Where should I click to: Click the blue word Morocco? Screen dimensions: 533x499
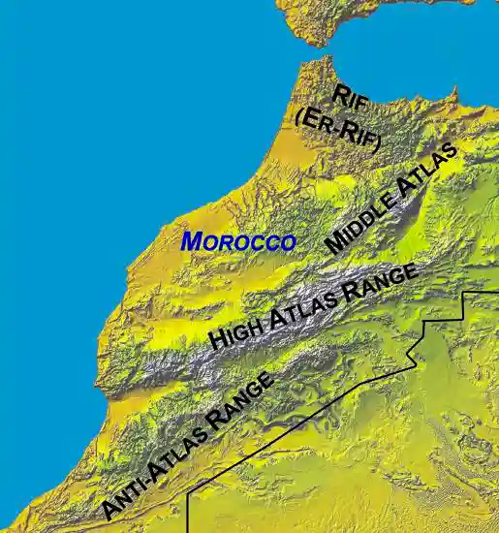pyautogui.click(x=238, y=241)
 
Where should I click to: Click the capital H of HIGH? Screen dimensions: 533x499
pyautogui.click(x=218, y=340)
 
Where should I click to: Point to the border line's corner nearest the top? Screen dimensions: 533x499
pyautogui.click(x=467, y=291)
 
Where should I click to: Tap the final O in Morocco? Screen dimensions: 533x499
pyautogui.click(x=287, y=242)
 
